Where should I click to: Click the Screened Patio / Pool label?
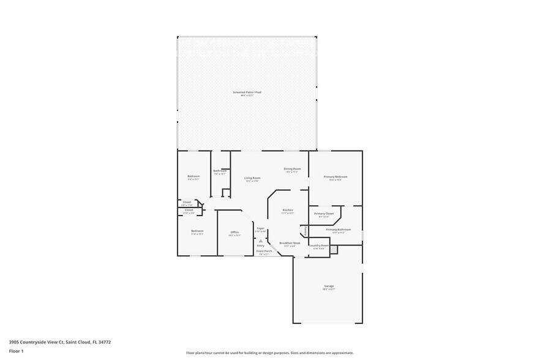click(247, 92)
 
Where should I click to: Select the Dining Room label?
click(292, 169)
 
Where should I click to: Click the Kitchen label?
click(288, 210)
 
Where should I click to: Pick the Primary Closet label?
click(324, 214)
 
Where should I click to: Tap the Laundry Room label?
click(319, 246)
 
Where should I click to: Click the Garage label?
click(329, 286)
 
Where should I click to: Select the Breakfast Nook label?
click(290, 243)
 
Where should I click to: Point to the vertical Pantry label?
click(306, 231)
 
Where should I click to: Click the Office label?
click(234, 232)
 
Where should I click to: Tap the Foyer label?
click(260, 228)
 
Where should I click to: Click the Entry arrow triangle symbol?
click(261, 241)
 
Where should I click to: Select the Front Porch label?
click(264, 251)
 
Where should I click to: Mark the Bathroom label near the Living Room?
click(220, 171)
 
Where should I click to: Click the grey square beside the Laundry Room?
click(334, 249)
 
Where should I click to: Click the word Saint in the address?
click(72, 342)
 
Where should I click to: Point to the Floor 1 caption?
click(16, 351)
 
